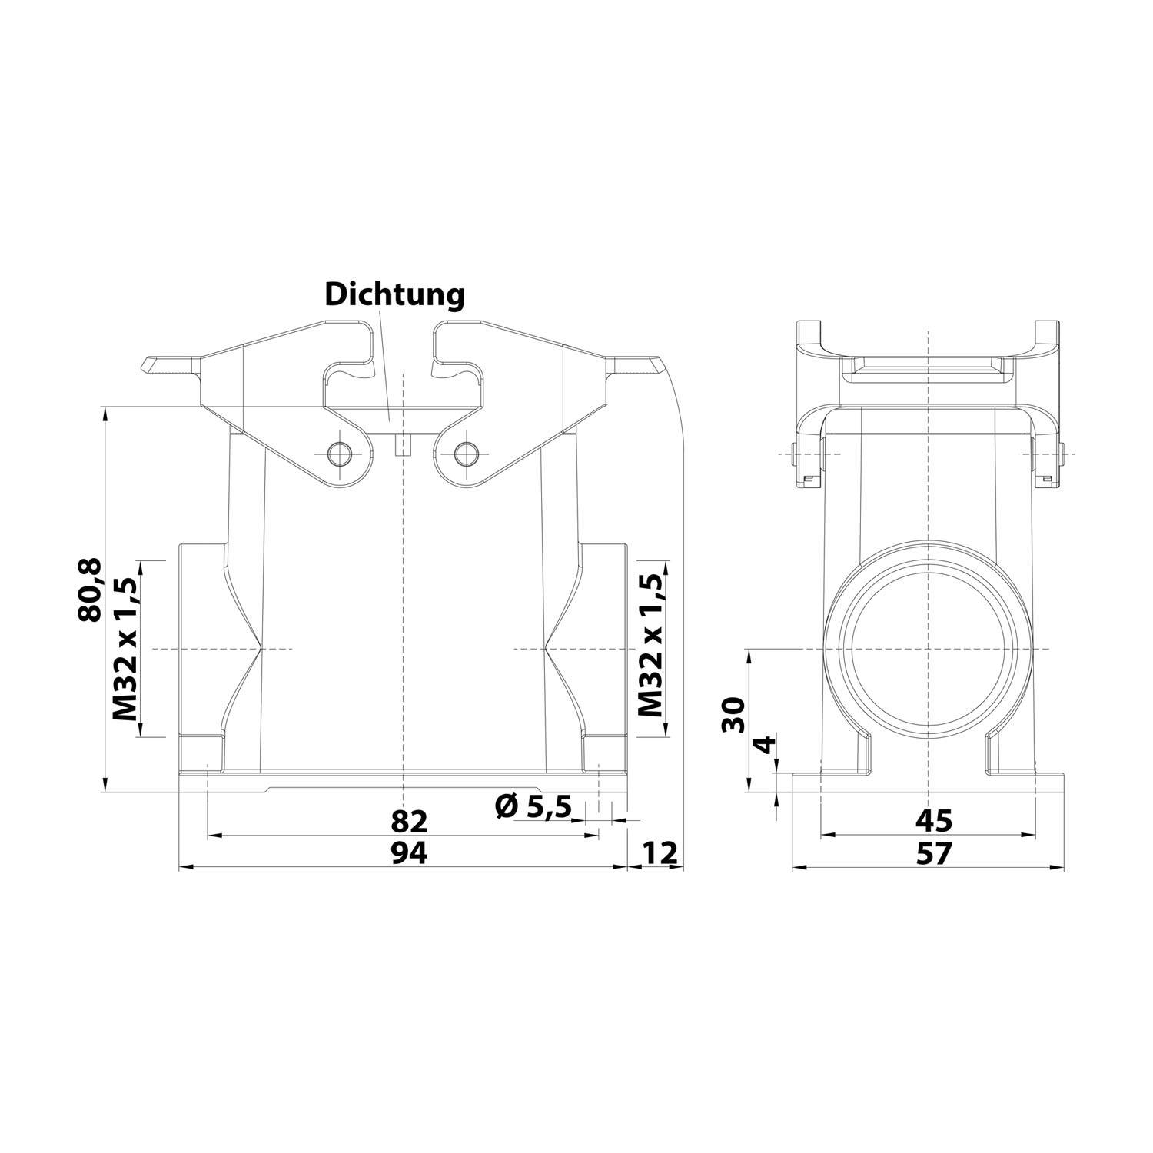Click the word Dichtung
click(x=394, y=295)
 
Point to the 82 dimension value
click(x=408, y=821)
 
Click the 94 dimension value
click(x=408, y=852)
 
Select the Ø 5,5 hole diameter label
click(x=533, y=806)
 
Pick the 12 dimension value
click(x=659, y=852)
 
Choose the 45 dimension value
click(x=933, y=821)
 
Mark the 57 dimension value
click(x=933, y=852)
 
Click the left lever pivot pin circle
click(x=338, y=454)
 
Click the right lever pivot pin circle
click(x=465, y=454)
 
